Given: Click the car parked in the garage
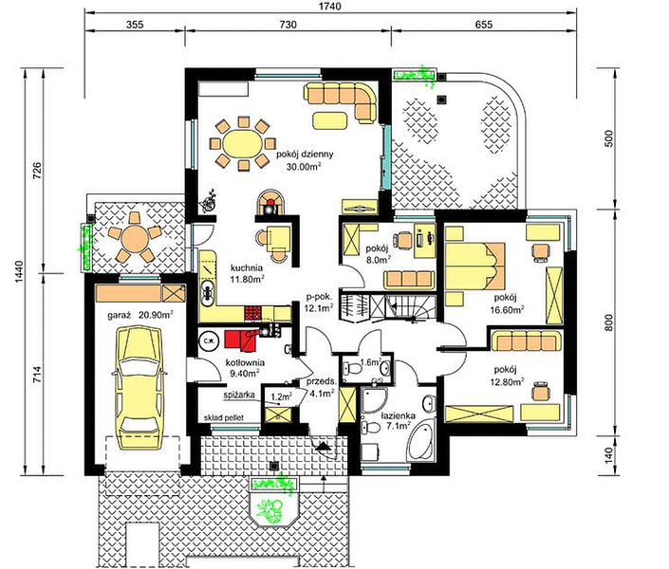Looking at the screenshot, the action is (139, 388).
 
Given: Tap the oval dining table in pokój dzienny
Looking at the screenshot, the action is (243, 144).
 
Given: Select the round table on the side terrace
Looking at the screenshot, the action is (135, 238).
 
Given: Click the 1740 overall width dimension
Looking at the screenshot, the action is (330, 7).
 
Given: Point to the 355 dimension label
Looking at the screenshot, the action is (135, 25).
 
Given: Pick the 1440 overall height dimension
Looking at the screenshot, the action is (20, 272).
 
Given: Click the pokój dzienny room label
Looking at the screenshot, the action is (305, 154).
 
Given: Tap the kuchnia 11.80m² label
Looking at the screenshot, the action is (247, 273).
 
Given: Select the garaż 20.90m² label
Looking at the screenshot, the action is (139, 316).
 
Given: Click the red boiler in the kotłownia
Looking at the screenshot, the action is (241, 340).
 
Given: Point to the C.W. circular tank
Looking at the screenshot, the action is (209, 340).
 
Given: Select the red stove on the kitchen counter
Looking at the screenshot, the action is (252, 313).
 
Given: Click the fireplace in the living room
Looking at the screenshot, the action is (269, 203).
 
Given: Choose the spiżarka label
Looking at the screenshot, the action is (239, 395).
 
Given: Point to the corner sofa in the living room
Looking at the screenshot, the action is (341, 100).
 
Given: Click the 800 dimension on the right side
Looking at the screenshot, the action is (609, 322).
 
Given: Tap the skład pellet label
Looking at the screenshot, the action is (224, 417).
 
